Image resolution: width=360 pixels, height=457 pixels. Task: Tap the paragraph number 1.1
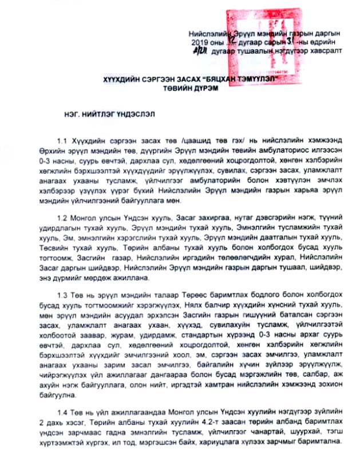pos(62,141)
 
